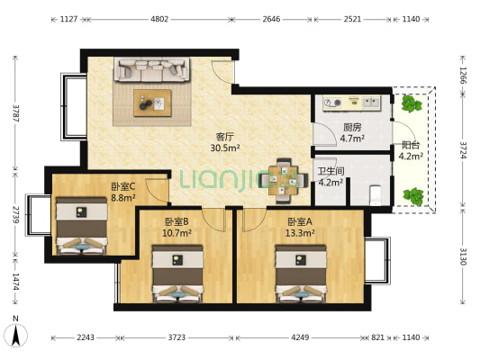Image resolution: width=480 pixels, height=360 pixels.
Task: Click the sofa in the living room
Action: pos(151,69)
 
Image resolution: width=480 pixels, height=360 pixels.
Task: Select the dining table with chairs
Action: pos(283,176)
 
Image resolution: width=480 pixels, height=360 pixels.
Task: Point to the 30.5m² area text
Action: pos(223,148)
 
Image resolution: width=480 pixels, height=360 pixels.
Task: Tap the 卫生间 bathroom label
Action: pos(331,170)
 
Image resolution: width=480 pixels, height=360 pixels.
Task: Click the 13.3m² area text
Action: pos(300,232)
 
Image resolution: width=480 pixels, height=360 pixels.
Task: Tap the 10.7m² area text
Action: pos(177,232)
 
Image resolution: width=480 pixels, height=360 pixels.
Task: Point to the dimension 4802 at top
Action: pos(158,18)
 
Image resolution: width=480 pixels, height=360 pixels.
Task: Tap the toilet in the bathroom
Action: pos(376,192)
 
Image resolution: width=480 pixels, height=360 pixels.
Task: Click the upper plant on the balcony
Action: pos(413,104)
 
